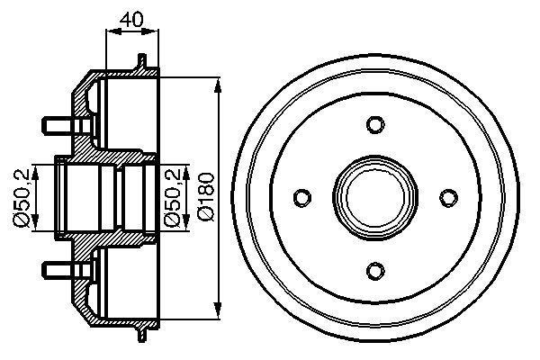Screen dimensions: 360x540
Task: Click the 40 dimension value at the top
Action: point(131,16)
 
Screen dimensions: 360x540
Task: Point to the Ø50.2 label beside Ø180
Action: point(177,196)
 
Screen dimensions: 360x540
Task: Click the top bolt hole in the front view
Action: point(375,124)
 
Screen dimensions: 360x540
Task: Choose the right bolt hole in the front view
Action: point(447,197)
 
